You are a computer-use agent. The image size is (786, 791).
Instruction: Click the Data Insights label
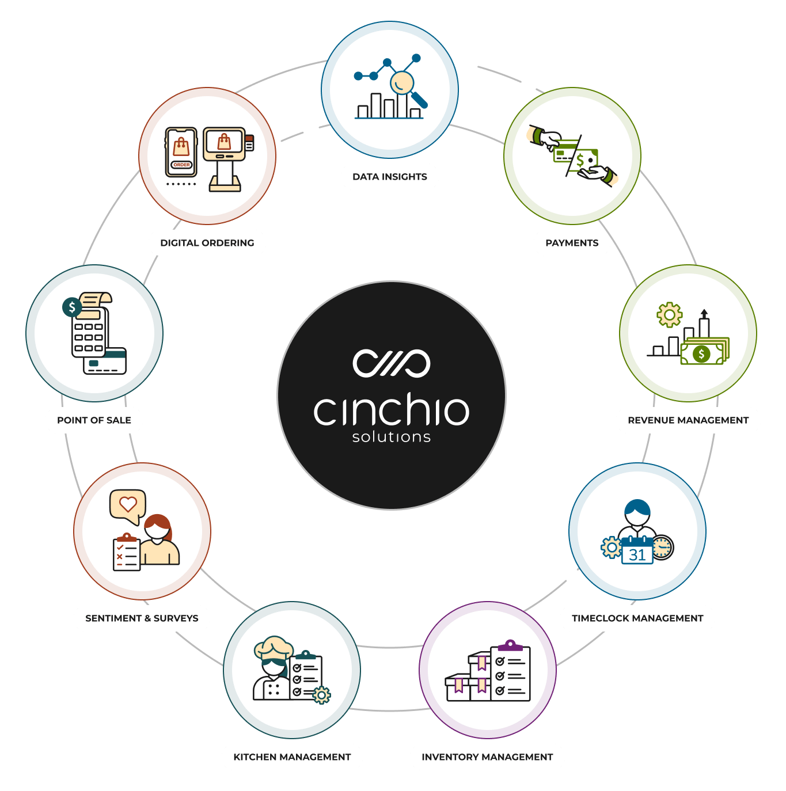coord(390,177)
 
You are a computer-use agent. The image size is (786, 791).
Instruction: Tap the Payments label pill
coord(572,243)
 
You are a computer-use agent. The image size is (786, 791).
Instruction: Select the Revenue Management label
coord(688,420)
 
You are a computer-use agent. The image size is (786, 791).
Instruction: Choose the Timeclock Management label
coord(637,618)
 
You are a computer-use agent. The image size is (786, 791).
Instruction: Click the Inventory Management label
coord(487,757)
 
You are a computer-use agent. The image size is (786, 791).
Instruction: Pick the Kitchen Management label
coord(292,757)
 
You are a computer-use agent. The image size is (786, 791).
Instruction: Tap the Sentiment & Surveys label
coord(142,618)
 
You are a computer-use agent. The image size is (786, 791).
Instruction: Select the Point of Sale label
coord(94,420)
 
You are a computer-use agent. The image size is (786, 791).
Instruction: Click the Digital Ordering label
coord(207,243)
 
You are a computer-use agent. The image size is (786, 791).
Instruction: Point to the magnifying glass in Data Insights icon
coord(404,84)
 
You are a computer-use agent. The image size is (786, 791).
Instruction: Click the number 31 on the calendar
coord(637,555)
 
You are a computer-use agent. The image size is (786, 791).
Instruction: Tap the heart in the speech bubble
coord(128,504)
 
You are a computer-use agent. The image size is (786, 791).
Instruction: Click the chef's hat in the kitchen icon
coord(274,647)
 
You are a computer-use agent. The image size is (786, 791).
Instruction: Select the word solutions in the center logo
coord(392,438)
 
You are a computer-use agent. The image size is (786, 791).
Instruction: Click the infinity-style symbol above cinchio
coord(392,363)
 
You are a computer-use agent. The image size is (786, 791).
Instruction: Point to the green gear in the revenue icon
coord(670,315)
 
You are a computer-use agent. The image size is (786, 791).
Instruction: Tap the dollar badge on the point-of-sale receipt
coord(71,307)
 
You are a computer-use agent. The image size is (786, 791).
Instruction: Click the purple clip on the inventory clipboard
coord(510,645)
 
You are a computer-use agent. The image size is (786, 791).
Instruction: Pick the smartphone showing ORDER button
coord(181,152)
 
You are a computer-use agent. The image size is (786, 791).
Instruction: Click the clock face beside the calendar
coord(663,547)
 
